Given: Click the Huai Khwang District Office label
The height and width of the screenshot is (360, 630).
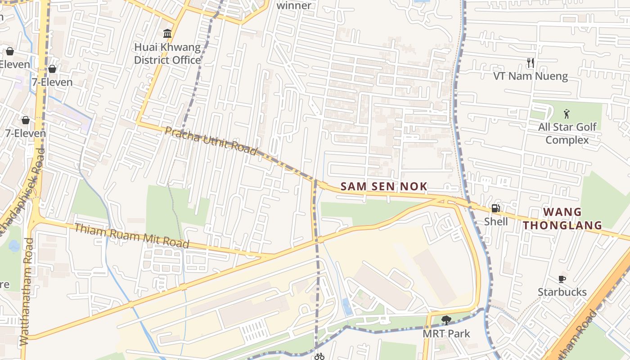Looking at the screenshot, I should click(x=167, y=54).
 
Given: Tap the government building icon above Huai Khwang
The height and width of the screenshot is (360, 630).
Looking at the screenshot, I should click(x=167, y=33).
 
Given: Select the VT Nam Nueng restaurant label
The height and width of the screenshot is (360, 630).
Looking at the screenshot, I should click(x=531, y=76).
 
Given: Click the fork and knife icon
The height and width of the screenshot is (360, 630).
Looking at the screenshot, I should click(x=531, y=63).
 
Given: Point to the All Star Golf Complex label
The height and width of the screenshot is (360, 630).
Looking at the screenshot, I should click(x=567, y=133).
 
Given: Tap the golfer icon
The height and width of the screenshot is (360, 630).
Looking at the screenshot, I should click(x=567, y=114).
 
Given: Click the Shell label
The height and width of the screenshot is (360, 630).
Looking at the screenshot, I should click(x=496, y=221).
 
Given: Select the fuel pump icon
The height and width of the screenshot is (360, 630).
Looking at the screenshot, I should click(x=496, y=208).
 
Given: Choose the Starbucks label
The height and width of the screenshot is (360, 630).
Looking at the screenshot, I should click(x=562, y=292).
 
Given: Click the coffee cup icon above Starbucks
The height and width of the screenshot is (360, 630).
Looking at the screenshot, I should click(x=562, y=279).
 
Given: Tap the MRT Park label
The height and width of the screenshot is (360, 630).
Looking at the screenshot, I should click(x=446, y=334).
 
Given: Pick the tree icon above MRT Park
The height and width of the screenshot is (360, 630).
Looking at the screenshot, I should click(x=446, y=320).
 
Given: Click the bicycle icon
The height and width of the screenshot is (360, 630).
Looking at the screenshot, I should click(x=319, y=356).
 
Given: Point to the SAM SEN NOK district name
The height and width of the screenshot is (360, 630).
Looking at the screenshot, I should click(x=384, y=186).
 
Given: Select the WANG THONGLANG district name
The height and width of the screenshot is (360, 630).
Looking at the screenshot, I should click(x=562, y=218).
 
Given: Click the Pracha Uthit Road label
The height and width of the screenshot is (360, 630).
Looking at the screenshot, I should click(x=211, y=140).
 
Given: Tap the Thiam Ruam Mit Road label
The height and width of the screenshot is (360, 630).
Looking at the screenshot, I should click(x=131, y=235).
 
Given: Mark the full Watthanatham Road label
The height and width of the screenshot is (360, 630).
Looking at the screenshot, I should click(x=26, y=292).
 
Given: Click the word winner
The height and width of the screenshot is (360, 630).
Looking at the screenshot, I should click(x=293, y=5).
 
